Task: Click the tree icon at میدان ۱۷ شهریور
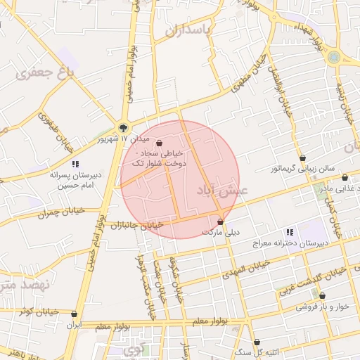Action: pos(124,128)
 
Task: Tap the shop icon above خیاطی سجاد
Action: pos(159,141)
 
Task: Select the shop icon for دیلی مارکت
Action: pos(220,221)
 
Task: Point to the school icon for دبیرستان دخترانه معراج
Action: pos(288,232)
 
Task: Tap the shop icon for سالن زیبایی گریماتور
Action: pos(302,158)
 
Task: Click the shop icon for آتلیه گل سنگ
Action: pos(257,342)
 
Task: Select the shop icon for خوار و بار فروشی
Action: pos(322,296)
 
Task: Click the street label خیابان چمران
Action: pos(62,210)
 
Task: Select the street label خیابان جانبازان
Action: pos(141,226)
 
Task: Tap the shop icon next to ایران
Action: pos(75,314)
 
